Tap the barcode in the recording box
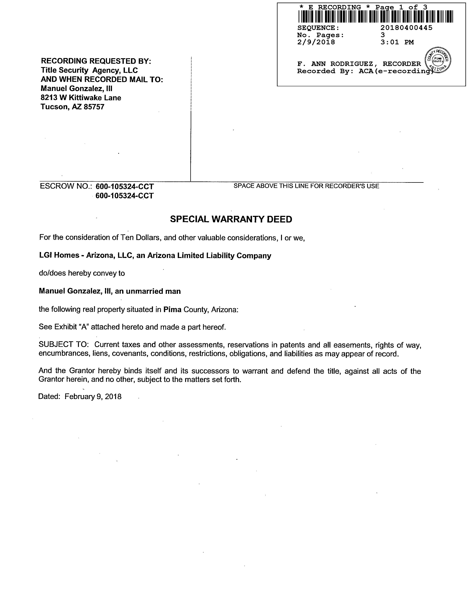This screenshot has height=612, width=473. pyautogui.click(x=375, y=16)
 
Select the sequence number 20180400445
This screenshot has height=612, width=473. pyautogui.click(x=406, y=28)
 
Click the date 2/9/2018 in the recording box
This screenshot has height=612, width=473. pyautogui.click(x=316, y=42)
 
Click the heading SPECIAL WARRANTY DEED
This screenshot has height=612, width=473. pyautogui.click(x=231, y=219)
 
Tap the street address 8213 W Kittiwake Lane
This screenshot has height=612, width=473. pyautogui.click(x=81, y=98)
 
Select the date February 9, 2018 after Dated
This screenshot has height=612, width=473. pyautogui.click(x=93, y=397)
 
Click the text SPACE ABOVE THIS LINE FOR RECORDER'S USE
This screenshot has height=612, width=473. pyautogui.click(x=306, y=186)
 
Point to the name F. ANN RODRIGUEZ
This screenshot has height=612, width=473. pyautogui.click(x=335, y=64)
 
